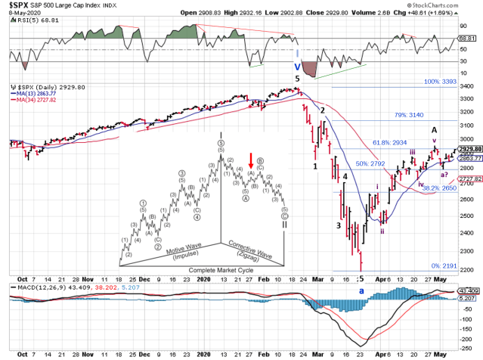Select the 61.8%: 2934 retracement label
[x=391, y=142]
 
